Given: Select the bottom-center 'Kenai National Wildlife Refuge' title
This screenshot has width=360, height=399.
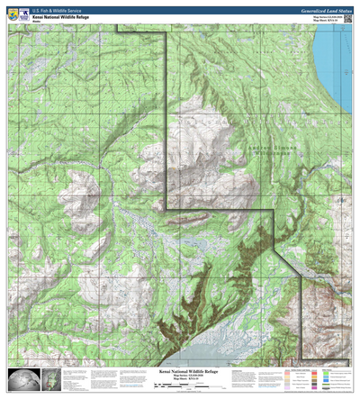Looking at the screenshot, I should pyautogui.click(x=180, y=369).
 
